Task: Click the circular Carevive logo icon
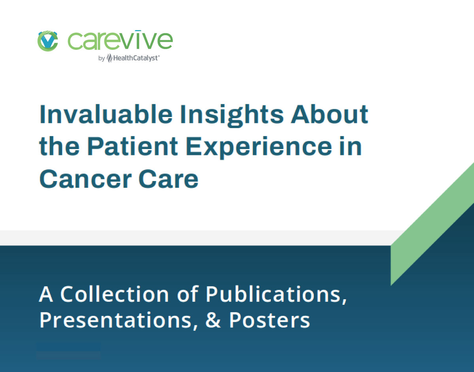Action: (48, 41)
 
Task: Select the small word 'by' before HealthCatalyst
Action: (102, 58)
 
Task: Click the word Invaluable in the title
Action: (106, 114)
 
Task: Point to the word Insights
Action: (232, 116)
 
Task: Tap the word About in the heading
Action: (329, 114)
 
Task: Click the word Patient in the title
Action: (132, 146)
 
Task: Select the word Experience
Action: (259, 148)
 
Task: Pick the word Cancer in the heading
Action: (85, 179)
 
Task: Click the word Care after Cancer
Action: (168, 179)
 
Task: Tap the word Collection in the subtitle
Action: (115, 294)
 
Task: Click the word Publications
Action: (276, 295)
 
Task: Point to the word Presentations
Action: (118, 321)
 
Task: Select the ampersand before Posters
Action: (213, 320)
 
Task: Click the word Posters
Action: (269, 320)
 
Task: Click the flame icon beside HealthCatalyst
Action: (109, 58)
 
